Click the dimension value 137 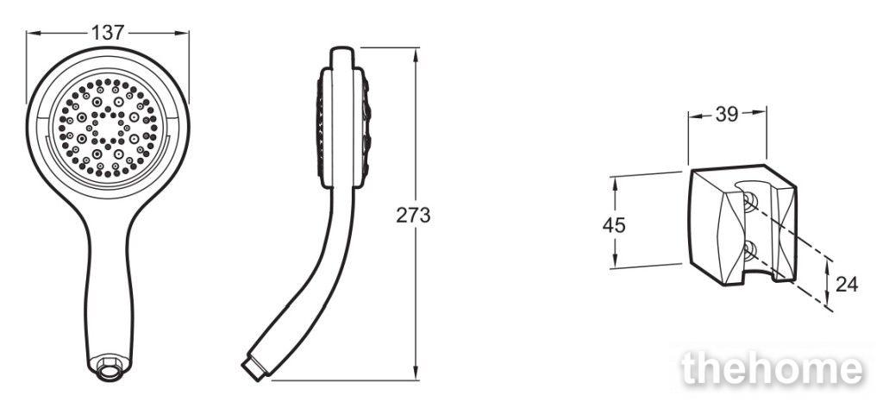tap(108, 33)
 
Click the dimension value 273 tap(413, 216)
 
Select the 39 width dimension tap(726, 115)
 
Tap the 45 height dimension tap(614, 225)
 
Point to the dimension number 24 tap(847, 285)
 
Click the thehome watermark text tap(772, 370)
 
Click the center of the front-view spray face tap(107, 128)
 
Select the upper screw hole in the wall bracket tap(749, 201)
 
